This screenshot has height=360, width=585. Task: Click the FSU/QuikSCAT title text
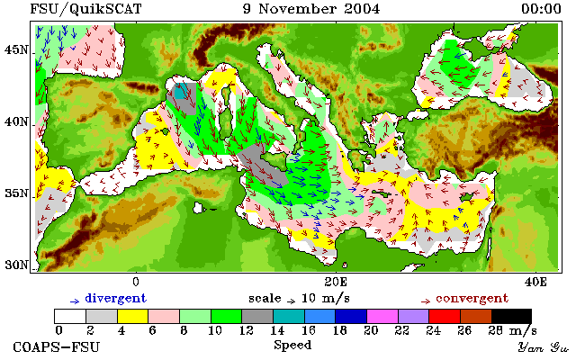pos(85,9)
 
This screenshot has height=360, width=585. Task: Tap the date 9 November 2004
pos(311,9)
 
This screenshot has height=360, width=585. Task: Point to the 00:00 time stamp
pos(541,9)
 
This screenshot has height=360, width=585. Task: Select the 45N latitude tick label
pos(16,49)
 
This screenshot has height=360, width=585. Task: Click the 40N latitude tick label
pos(16,121)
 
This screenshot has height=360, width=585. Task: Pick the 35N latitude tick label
pos(16,193)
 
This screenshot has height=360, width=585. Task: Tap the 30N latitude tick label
pos(16,265)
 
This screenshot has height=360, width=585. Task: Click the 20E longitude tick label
pos(336,282)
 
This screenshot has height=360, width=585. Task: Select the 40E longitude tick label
pos(535,282)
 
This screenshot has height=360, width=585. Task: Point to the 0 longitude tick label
pos(136,282)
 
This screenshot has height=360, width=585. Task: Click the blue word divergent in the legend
pos(116,299)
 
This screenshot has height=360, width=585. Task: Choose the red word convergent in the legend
pos(472,299)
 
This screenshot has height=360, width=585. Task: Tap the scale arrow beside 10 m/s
pos(292,301)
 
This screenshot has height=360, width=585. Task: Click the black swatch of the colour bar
pos(511,317)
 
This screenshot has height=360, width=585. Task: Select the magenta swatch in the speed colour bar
pos(382,317)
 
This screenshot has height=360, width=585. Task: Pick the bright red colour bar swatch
pos(445,317)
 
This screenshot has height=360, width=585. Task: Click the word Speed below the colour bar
pos(292,345)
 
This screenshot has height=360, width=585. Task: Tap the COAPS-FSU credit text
pos(57,346)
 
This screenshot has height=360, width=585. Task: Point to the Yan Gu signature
pos(543,347)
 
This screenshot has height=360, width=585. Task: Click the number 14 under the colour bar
pos(277,330)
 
